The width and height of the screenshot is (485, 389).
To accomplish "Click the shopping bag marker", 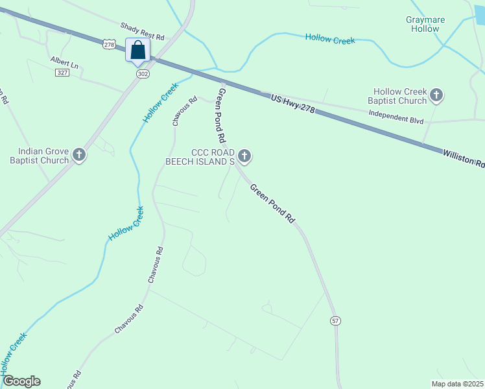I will [x=137, y=50].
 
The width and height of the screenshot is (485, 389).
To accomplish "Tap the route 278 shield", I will [x=109, y=44].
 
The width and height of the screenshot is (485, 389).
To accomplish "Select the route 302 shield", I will [x=143, y=75].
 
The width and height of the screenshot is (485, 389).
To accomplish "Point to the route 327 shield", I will [x=62, y=73].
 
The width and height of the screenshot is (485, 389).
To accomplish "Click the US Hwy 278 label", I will [x=292, y=104].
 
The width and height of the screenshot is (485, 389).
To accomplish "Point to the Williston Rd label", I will [x=464, y=158].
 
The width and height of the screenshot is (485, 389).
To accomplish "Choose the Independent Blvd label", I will [x=396, y=116].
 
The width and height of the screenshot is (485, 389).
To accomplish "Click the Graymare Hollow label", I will [x=425, y=24].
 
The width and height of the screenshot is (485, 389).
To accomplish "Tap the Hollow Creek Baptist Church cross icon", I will [x=436, y=96].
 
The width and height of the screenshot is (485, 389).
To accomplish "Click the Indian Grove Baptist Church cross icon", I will [x=79, y=156].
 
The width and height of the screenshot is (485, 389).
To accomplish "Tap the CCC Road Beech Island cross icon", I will [x=244, y=156].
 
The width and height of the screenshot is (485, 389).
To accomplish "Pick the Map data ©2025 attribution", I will [x=458, y=384].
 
